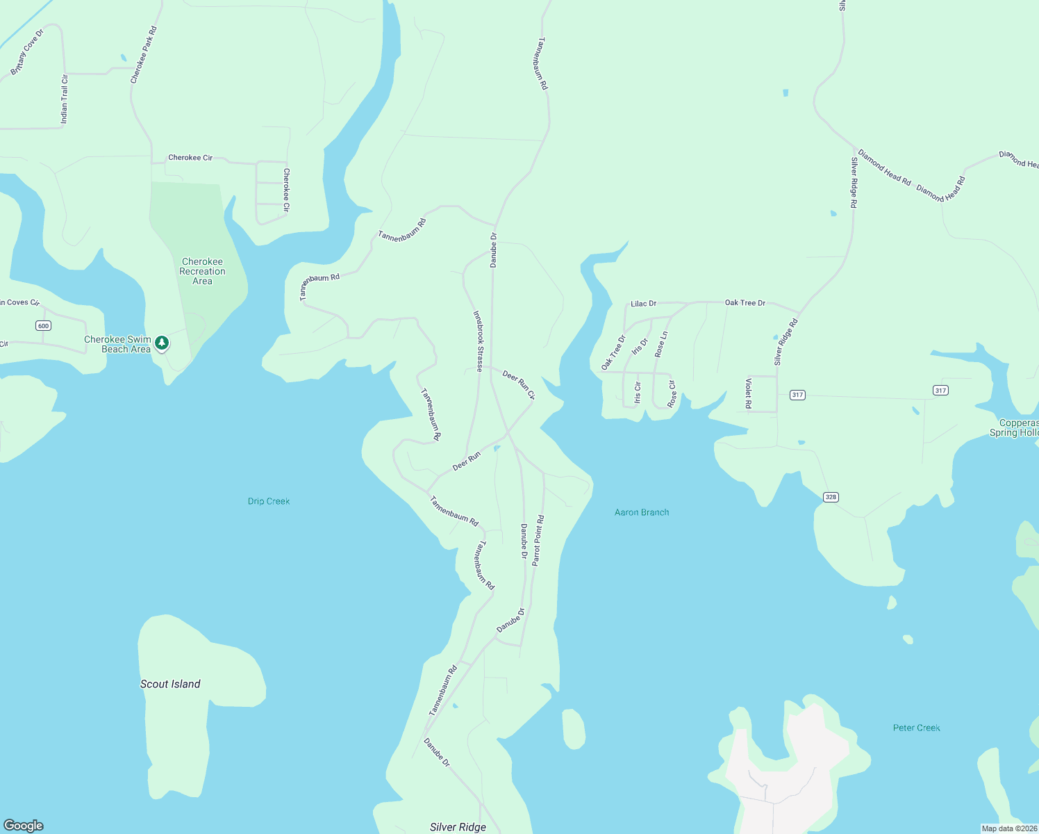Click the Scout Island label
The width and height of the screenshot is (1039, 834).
170,684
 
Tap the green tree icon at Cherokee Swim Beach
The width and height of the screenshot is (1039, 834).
162,343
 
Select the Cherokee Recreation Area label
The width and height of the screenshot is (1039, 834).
202,272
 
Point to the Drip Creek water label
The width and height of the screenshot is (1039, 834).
269,501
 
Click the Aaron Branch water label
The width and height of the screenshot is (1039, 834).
642,512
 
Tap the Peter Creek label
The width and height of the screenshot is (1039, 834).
916,728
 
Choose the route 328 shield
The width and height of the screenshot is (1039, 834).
831,497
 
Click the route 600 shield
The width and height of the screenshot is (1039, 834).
43,326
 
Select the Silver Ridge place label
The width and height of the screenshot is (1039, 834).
458,827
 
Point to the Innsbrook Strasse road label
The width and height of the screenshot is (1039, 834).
478,341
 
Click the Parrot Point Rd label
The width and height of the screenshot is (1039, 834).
538,541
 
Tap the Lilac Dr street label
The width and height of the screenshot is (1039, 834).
643,304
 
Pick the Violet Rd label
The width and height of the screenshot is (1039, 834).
748,393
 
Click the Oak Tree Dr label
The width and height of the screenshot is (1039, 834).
745,303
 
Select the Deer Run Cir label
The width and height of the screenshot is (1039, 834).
519,385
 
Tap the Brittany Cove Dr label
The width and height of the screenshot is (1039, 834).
27,52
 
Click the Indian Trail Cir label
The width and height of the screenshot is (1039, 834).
65,99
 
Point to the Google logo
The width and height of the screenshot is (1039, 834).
24,826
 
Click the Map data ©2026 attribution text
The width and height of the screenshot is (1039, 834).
1009,828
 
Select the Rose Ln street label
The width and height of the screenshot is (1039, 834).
661,344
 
